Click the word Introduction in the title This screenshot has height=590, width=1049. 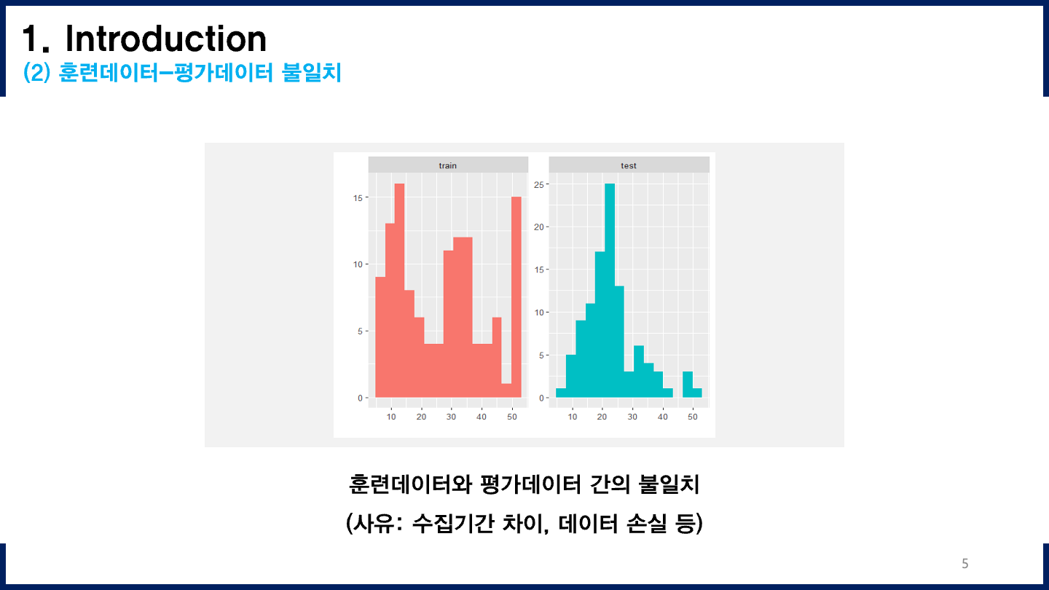click(x=165, y=39)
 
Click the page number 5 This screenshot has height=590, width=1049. click(x=965, y=563)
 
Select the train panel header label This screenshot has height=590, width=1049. click(x=447, y=165)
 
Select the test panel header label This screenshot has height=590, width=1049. click(x=628, y=165)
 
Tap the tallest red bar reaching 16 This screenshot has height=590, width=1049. click(x=399, y=291)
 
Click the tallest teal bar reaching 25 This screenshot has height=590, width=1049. click(x=610, y=291)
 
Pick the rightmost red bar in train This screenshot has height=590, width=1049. click(x=516, y=299)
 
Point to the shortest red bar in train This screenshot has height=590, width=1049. click(x=506, y=390)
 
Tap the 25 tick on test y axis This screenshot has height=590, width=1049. click(x=539, y=184)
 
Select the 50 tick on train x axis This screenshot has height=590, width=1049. click(x=511, y=417)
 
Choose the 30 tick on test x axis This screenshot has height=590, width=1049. click(x=632, y=417)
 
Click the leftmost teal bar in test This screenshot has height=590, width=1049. click(x=561, y=393)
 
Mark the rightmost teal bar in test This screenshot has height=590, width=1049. click(x=697, y=393)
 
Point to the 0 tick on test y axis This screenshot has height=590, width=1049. click(x=541, y=398)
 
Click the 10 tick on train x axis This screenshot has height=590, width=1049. click(x=391, y=417)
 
